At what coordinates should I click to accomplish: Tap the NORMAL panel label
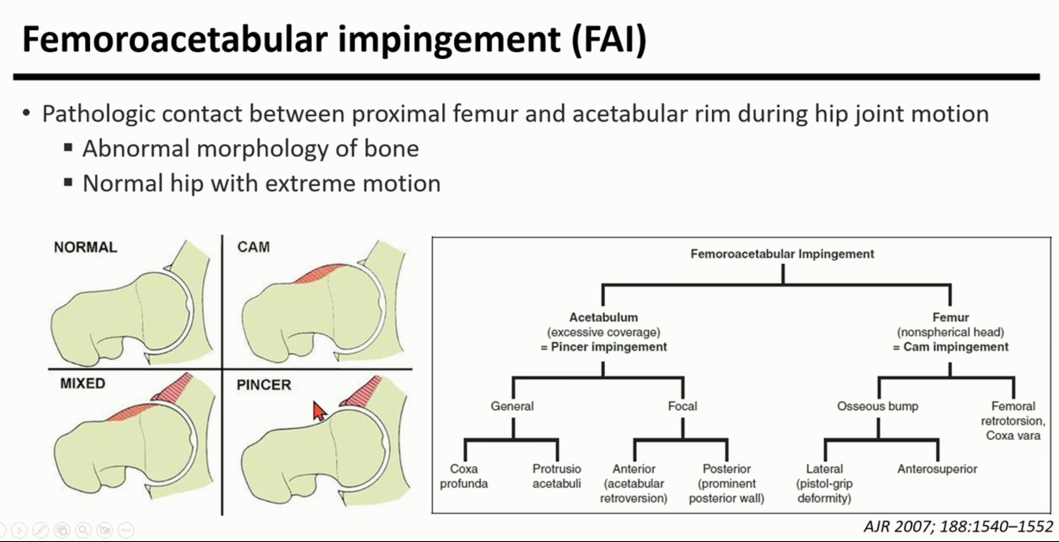[x=85, y=247]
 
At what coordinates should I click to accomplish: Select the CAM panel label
[x=253, y=247]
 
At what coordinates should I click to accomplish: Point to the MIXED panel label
[x=83, y=383]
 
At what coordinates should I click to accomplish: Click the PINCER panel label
[x=264, y=385]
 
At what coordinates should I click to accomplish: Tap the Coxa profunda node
[x=464, y=476]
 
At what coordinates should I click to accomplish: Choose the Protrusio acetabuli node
[x=556, y=476]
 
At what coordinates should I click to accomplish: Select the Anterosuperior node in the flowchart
[x=937, y=469]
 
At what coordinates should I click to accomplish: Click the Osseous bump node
[x=877, y=406]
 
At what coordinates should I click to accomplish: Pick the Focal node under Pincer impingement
[x=682, y=406]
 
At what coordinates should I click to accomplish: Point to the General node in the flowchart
[x=512, y=406]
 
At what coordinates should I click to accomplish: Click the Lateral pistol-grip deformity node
[x=824, y=483]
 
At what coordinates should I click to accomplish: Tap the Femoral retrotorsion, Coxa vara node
[x=1013, y=421]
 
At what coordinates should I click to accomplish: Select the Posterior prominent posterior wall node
[x=726, y=483]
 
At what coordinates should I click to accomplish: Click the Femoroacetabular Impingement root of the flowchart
[x=782, y=254]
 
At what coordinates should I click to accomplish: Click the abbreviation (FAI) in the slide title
[x=609, y=40]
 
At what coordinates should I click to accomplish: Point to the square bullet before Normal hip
[x=68, y=183]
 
